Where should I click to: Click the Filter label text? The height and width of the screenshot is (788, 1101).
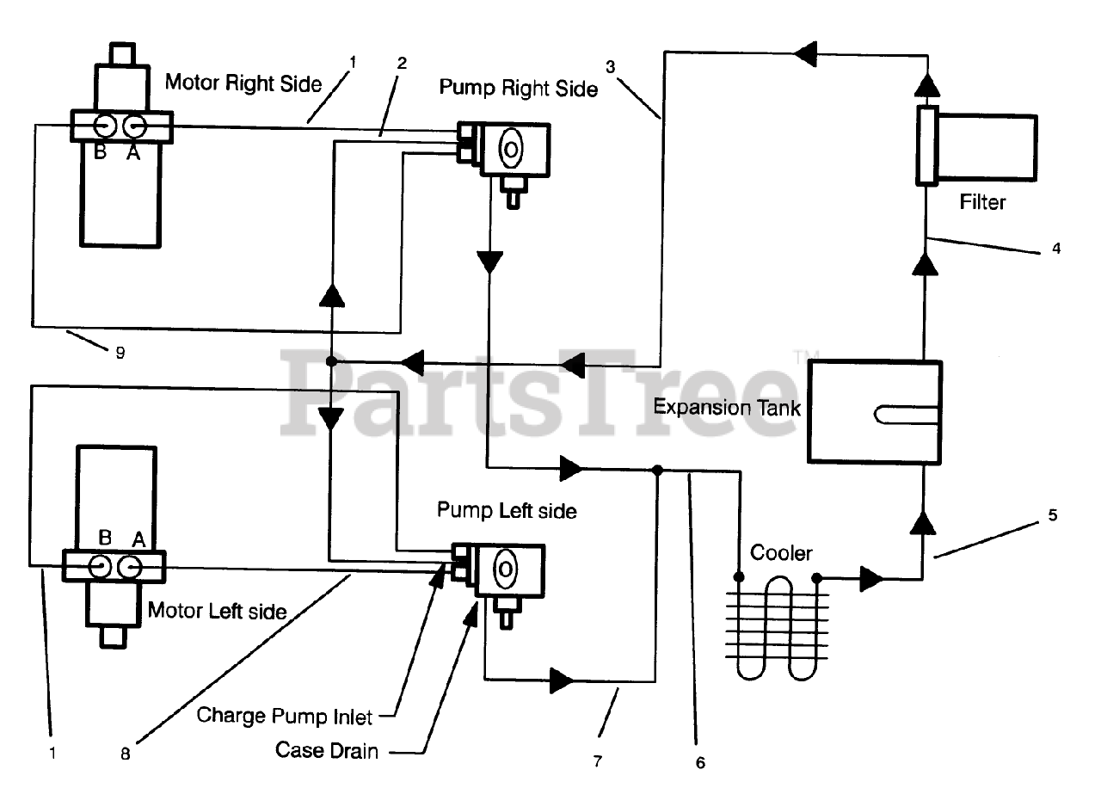(x=983, y=203)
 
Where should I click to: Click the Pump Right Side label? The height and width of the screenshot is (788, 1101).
(x=518, y=88)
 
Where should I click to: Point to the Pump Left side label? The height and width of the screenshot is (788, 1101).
(x=507, y=510)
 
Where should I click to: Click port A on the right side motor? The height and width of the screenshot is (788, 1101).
(x=134, y=126)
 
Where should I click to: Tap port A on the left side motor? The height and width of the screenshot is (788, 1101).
(x=130, y=566)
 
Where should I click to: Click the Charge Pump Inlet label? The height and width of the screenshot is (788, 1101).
(x=285, y=716)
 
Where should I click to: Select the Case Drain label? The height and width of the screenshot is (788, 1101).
(x=326, y=750)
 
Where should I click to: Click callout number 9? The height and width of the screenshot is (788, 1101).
(x=120, y=353)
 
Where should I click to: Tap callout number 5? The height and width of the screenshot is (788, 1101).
(x=1053, y=515)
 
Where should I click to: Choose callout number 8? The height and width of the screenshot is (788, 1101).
(x=126, y=754)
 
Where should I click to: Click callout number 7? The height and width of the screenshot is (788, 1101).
(x=598, y=761)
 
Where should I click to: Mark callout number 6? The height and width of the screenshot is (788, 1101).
(x=699, y=762)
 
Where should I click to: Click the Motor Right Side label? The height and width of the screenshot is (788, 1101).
(x=243, y=83)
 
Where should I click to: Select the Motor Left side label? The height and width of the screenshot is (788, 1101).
(x=217, y=611)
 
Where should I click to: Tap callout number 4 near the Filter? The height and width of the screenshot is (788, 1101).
(x=1056, y=249)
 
